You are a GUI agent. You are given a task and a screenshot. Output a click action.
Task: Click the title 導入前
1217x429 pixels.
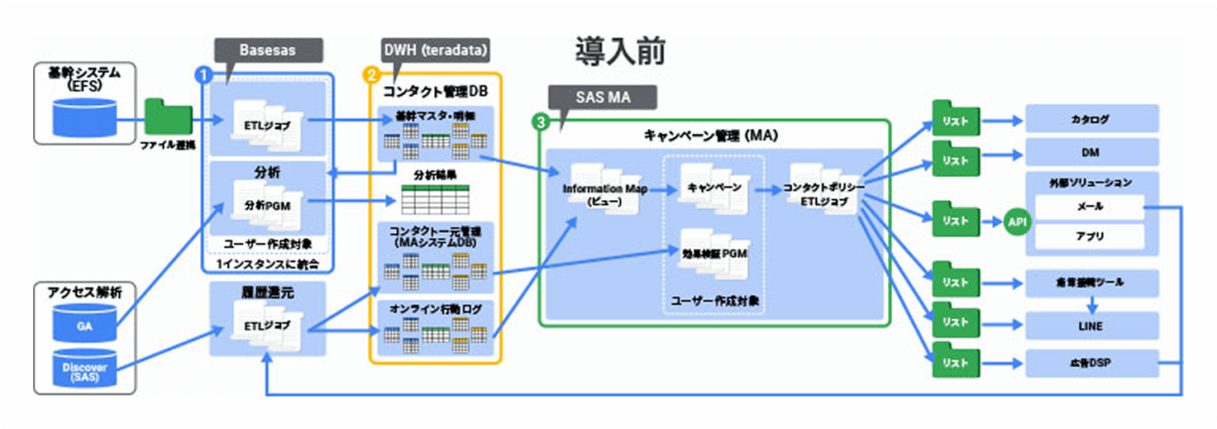coord(620,52)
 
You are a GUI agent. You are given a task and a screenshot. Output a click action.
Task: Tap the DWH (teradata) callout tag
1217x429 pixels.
coord(435,50)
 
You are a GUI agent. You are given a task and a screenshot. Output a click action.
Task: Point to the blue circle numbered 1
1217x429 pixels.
coord(202,74)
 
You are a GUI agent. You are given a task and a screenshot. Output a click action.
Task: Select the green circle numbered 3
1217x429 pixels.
coord(541,122)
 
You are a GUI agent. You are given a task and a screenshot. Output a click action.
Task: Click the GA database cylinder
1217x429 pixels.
coord(84,326)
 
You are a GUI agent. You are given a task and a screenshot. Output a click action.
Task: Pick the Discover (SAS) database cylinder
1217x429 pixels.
coord(84,370)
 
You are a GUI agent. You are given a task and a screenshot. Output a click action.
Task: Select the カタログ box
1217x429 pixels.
coord(1091,119)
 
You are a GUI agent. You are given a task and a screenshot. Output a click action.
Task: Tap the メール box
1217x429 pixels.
coord(1091,207)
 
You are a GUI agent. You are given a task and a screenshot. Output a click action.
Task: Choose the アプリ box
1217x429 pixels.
coord(1091,236)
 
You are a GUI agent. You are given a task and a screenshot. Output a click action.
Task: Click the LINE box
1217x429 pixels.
coord(1091,326)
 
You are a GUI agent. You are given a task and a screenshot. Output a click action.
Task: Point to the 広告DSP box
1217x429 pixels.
coord(1091,362)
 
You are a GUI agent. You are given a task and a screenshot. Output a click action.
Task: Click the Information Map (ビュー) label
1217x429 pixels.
coord(604,194)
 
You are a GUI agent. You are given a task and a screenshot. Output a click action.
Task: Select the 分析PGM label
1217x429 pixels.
coord(261,203)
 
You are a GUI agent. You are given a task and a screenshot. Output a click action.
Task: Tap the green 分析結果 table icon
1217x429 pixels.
coord(435,199)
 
